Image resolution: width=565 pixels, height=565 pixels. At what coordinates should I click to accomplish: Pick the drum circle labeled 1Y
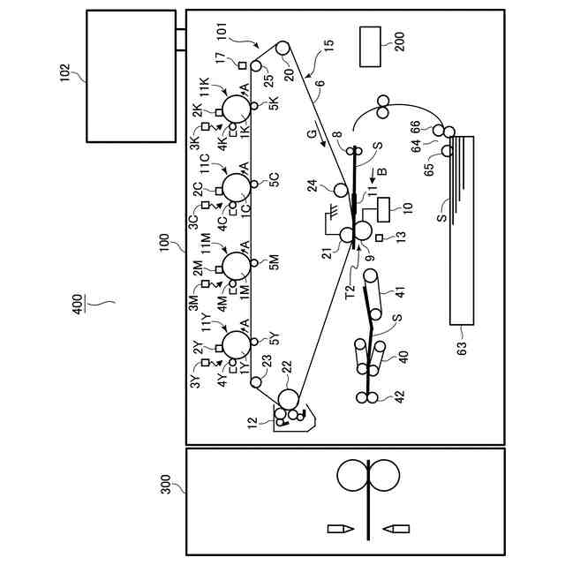237,344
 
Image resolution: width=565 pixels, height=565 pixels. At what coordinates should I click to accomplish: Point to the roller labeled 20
283,50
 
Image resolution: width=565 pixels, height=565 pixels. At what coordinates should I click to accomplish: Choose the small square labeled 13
380,238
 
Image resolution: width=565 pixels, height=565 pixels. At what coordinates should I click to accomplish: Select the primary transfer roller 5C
254,182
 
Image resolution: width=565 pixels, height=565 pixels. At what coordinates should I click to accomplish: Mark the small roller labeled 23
255,382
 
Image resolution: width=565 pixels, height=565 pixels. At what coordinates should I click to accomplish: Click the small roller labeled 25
257,66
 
